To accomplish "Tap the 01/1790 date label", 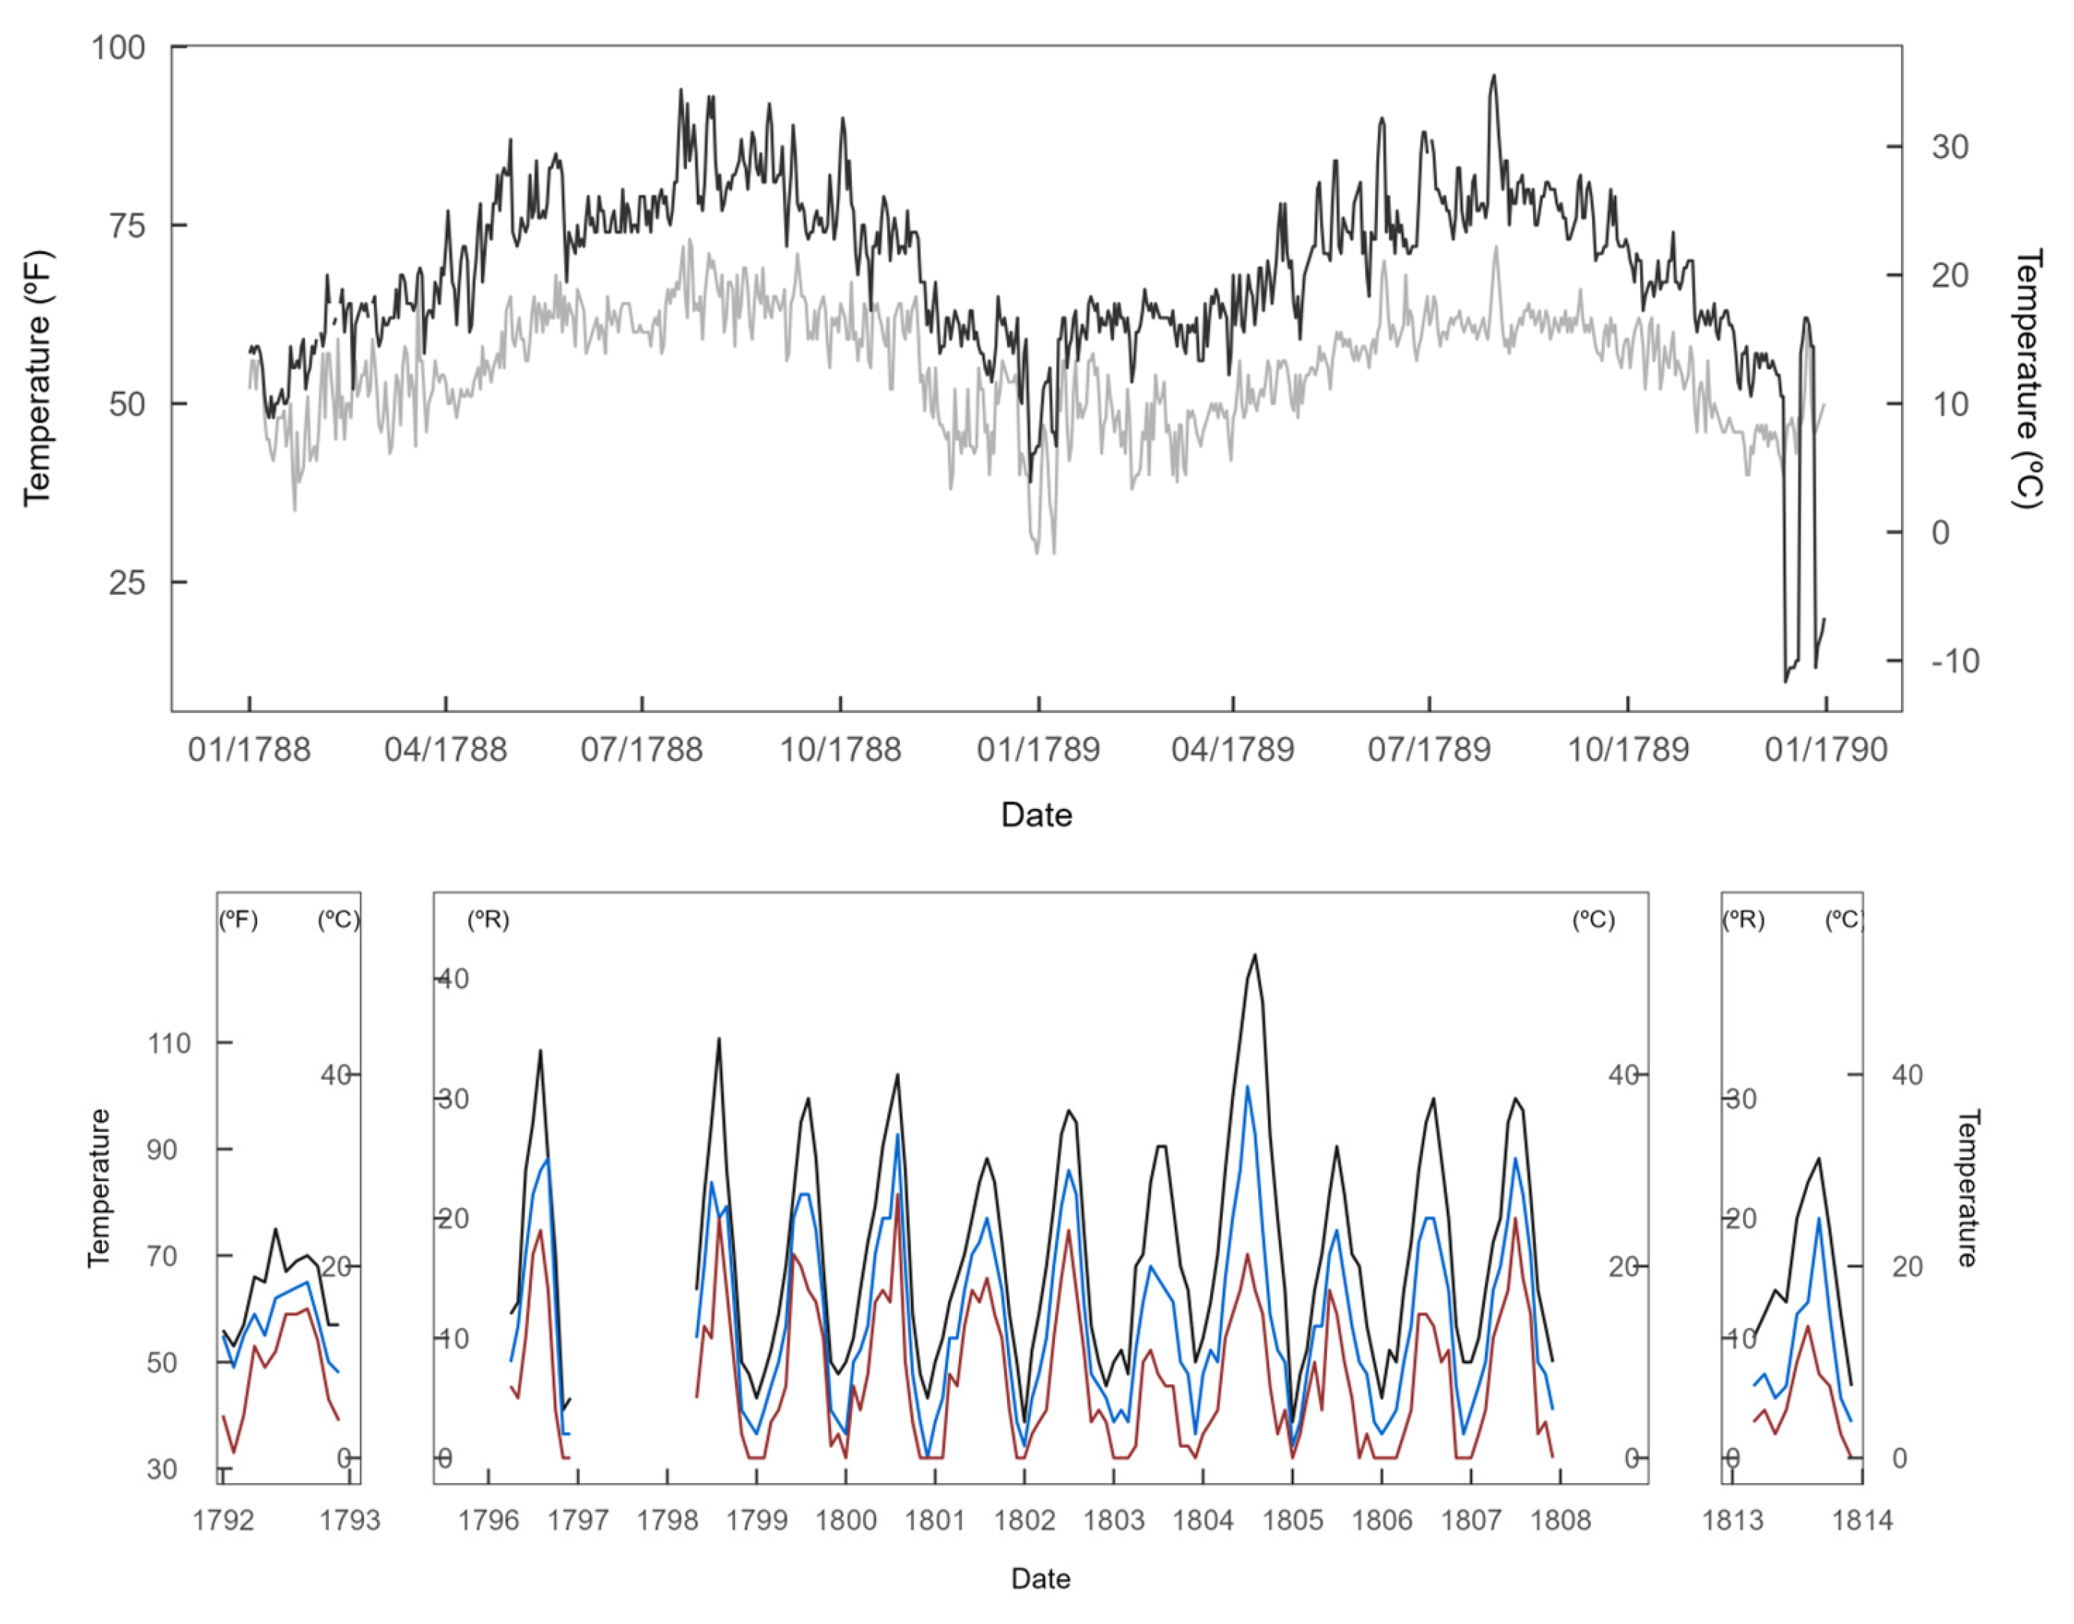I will (x=1824, y=750).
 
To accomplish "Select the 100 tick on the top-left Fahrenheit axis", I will (x=118, y=47).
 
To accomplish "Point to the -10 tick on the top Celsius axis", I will (x=1954, y=660).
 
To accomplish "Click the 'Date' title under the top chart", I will (x=1036, y=815).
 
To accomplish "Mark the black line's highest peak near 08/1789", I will (x=1494, y=76).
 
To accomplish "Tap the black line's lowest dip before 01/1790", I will (x=1785, y=681).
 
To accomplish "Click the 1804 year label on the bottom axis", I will (x=1203, y=1521).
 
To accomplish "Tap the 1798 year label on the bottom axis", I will (x=668, y=1521).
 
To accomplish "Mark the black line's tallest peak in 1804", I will (x=1255, y=954).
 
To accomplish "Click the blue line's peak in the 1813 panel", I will (x=1819, y=1218).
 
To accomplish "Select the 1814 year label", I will (x=1862, y=1521).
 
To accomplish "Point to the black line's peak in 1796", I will (x=540, y=1051).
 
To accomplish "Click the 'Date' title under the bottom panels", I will (x=1040, y=1579).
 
